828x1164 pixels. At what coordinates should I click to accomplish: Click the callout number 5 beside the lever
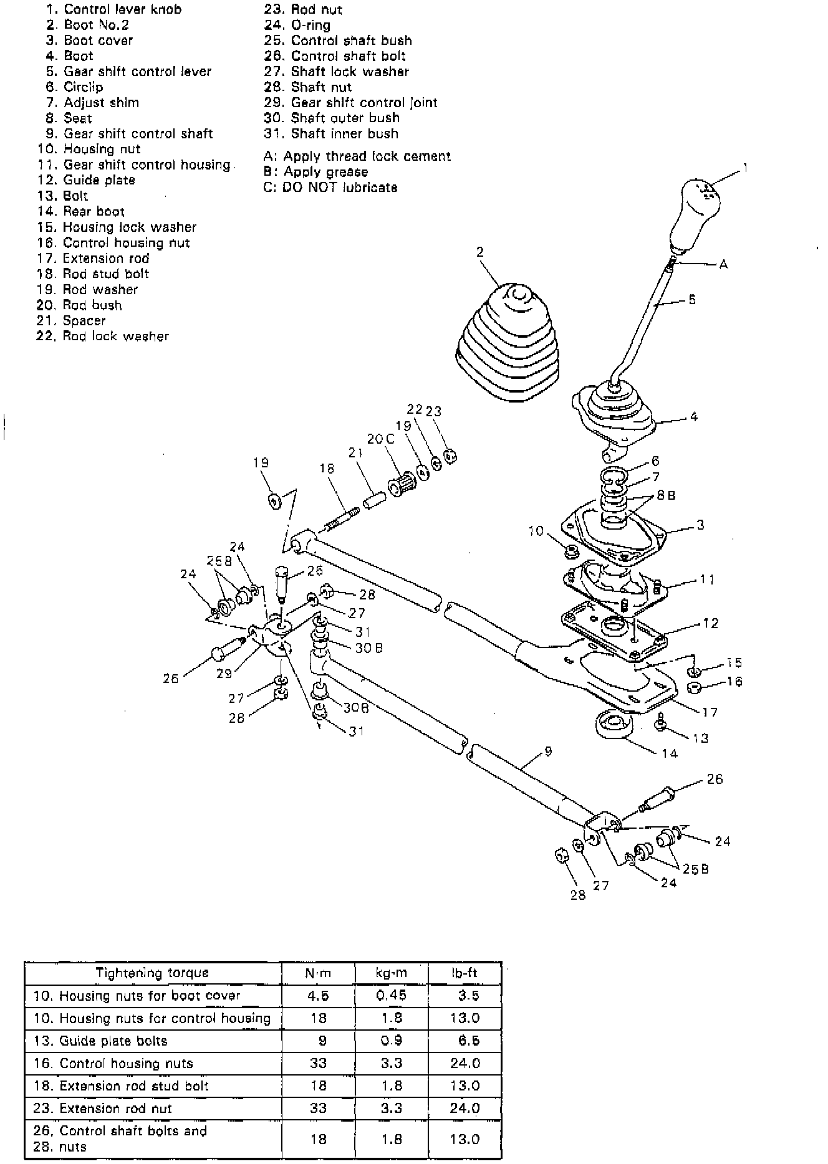coord(692,300)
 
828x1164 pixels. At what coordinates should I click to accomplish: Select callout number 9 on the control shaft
coord(548,752)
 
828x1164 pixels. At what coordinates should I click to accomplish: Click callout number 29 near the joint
coord(224,673)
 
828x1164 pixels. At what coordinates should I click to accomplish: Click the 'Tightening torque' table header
coord(152,973)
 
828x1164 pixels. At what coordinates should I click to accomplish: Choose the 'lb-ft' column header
coord(465,973)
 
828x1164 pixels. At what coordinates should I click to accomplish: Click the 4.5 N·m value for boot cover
coord(318,996)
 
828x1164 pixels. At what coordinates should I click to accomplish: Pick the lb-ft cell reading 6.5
coord(468,1041)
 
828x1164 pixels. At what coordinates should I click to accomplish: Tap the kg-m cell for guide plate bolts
coord(392,1041)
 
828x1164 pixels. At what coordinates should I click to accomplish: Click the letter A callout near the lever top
coord(723,264)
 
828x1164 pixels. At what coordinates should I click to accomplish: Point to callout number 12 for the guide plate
coord(710,623)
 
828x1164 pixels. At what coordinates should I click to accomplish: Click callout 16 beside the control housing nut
coord(734,681)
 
